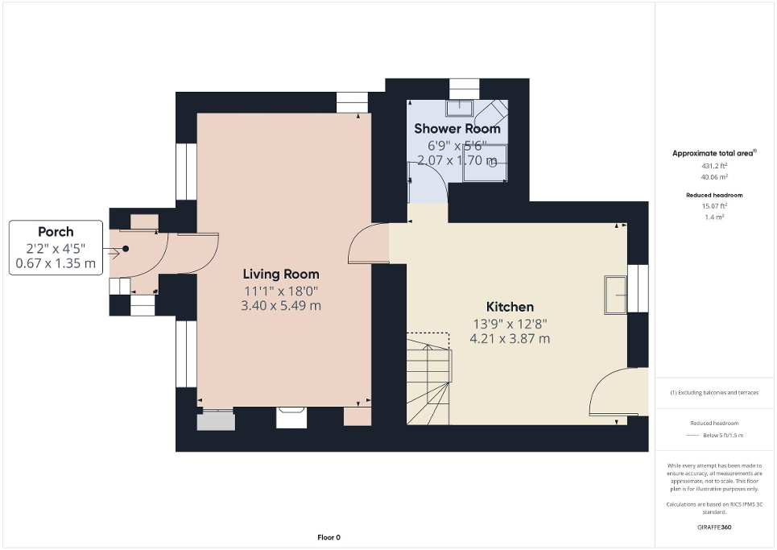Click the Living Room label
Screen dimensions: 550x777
[x=282, y=274]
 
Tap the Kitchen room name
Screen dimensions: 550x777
[x=510, y=307]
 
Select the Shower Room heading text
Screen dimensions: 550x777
[x=457, y=129]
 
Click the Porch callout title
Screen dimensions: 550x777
[x=56, y=232]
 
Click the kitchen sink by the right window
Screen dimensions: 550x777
[x=617, y=294]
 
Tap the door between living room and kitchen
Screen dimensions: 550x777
[x=368, y=244]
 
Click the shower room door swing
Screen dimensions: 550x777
[x=428, y=182]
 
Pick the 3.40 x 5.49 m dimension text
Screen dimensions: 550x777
[x=282, y=305]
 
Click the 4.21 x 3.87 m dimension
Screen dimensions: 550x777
[x=510, y=338]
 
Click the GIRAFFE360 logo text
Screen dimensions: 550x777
[x=714, y=527]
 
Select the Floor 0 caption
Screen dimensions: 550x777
[x=329, y=537]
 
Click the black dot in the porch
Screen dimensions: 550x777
[x=126, y=249]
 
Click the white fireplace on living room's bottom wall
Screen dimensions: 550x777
[x=291, y=416]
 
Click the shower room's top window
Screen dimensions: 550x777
[x=464, y=88]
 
